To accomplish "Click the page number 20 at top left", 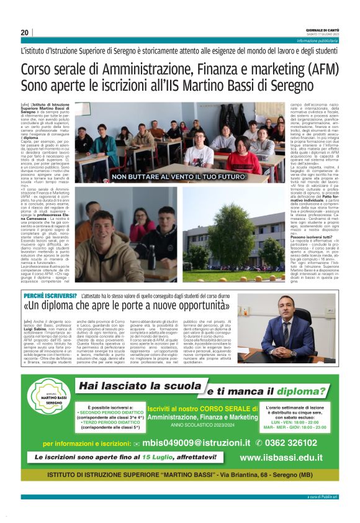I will point(25,32).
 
